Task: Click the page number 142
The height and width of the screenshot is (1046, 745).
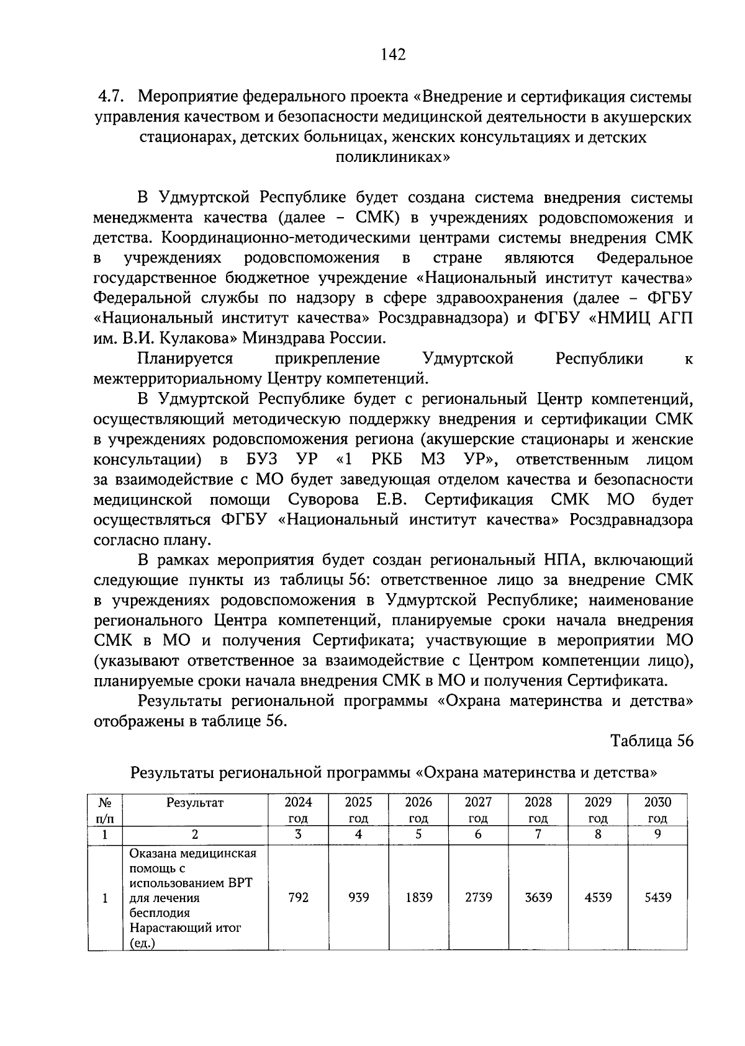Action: tap(394, 55)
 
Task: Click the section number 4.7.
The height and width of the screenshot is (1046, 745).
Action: tap(113, 97)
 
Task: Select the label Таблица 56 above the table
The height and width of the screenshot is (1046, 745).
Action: tap(651, 741)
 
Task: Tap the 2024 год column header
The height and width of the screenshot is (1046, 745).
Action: tap(298, 810)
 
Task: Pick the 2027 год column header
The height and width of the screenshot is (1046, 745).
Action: tap(478, 810)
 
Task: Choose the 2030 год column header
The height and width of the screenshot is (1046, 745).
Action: tap(657, 810)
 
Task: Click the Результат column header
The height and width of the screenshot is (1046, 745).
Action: tap(195, 803)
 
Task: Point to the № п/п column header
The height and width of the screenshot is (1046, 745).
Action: tap(104, 810)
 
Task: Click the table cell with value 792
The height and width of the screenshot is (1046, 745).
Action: tap(298, 897)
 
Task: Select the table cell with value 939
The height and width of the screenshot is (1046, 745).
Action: tap(358, 897)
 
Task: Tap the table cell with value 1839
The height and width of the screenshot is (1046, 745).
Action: tap(418, 897)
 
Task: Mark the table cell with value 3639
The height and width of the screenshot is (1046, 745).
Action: tap(538, 897)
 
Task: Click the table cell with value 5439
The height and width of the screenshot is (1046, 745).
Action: tap(657, 897)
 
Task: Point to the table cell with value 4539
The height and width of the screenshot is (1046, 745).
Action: tap(598, 897)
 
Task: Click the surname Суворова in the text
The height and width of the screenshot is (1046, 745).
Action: tap(323, 500)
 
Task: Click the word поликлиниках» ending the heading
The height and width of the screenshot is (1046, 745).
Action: tap(393, 157)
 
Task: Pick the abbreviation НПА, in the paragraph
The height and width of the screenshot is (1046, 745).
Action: tap(559, 560)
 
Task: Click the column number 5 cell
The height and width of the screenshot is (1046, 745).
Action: tap(418, 834)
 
